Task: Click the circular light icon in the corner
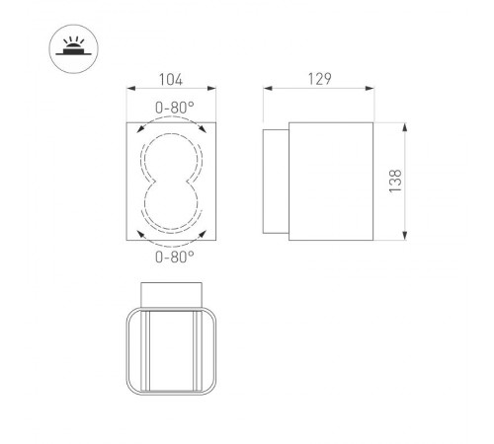tap(71, 46)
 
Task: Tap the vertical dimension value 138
tap(395, 183)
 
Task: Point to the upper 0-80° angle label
tap(174, 109)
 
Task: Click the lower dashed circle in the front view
tap(174, 208)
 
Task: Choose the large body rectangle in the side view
tap(329, 183)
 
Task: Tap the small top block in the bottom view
tap(174, 293)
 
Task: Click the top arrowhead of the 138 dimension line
tap(407, 126)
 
